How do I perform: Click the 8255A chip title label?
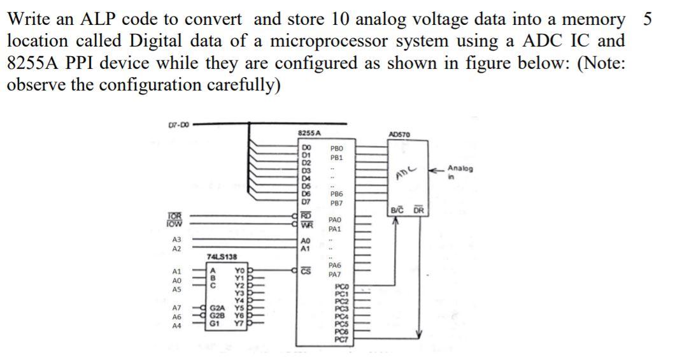click(x=309, y=133)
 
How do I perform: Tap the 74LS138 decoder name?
click(x=220, y=256)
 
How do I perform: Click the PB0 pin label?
click(x=337, y=147)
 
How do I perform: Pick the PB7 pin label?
click(x=337, y=203)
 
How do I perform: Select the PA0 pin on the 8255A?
click(x=336, y=219)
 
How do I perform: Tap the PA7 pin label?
click(x=336, y=275)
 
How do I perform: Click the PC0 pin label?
click(x=343, y=288)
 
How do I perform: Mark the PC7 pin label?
click(x=343, y=340)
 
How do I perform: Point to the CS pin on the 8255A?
click(x=305, y=270)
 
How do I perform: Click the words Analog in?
click(x=460, y=172)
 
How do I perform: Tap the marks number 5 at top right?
click(x=647, y=18)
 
